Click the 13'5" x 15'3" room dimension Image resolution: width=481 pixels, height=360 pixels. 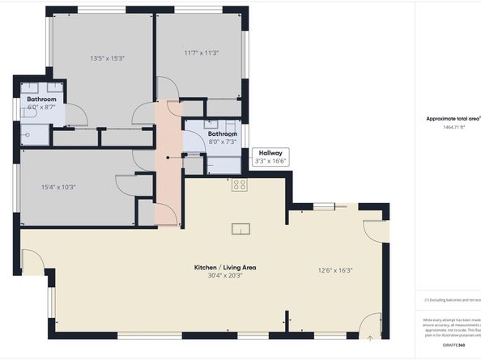pos(108,58)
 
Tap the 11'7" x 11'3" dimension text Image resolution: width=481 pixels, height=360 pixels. pos(202,53)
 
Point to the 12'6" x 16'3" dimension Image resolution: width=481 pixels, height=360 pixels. pos(335,270)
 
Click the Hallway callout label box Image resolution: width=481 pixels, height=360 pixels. pos(270,156)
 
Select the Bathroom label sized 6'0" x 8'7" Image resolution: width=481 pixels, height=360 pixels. pos(41,103)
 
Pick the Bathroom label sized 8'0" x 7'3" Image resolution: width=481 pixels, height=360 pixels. pos(222,138)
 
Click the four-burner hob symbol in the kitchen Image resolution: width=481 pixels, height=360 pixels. pos(240,184)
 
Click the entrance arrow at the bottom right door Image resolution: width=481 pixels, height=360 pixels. pos(370,335)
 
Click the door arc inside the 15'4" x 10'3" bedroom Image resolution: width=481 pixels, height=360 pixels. pos(125,185)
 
